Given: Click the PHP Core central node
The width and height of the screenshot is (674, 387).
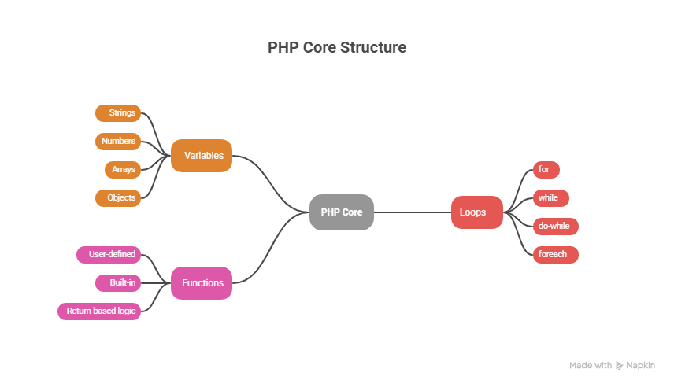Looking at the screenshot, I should [341, 212].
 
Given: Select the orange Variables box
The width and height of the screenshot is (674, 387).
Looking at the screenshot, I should [202, 156].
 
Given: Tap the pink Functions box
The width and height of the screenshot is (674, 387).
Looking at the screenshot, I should [202, 283].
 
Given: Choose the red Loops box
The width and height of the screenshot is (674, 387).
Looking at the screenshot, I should [476, 212].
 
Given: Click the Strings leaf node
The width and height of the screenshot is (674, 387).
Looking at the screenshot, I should [119, 113].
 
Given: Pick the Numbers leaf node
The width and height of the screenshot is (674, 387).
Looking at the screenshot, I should [118, 142].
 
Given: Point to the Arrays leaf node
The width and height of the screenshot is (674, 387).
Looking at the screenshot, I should [122, 170].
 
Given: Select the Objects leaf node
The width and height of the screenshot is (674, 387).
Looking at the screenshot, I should [119, 197].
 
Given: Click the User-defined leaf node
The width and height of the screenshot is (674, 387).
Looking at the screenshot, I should [109, 255].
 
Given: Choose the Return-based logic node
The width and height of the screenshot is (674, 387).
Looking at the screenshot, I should [99, 311].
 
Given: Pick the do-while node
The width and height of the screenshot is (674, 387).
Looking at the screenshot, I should [555, 227].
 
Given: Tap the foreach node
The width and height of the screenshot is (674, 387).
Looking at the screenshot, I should [555, 255].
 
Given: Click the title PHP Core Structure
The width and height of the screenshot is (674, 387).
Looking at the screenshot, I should [337, 48].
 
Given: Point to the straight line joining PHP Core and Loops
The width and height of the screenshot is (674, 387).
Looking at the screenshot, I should [412, 212].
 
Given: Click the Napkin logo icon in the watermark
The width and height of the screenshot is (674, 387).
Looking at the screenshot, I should [620, 366].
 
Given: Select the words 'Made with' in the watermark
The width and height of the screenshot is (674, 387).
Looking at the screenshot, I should [591, 366].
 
